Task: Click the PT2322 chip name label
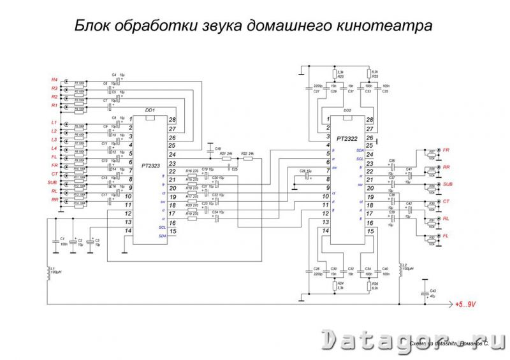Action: [x=346, y=138]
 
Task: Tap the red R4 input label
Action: [x=54, y=79]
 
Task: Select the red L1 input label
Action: [x=54, y=122]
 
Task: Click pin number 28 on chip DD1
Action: [x=172, y=120]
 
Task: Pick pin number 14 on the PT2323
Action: [x=129, y=231]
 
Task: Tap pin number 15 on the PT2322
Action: [x=370, y=231]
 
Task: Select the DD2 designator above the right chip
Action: [x=347, y=110]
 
